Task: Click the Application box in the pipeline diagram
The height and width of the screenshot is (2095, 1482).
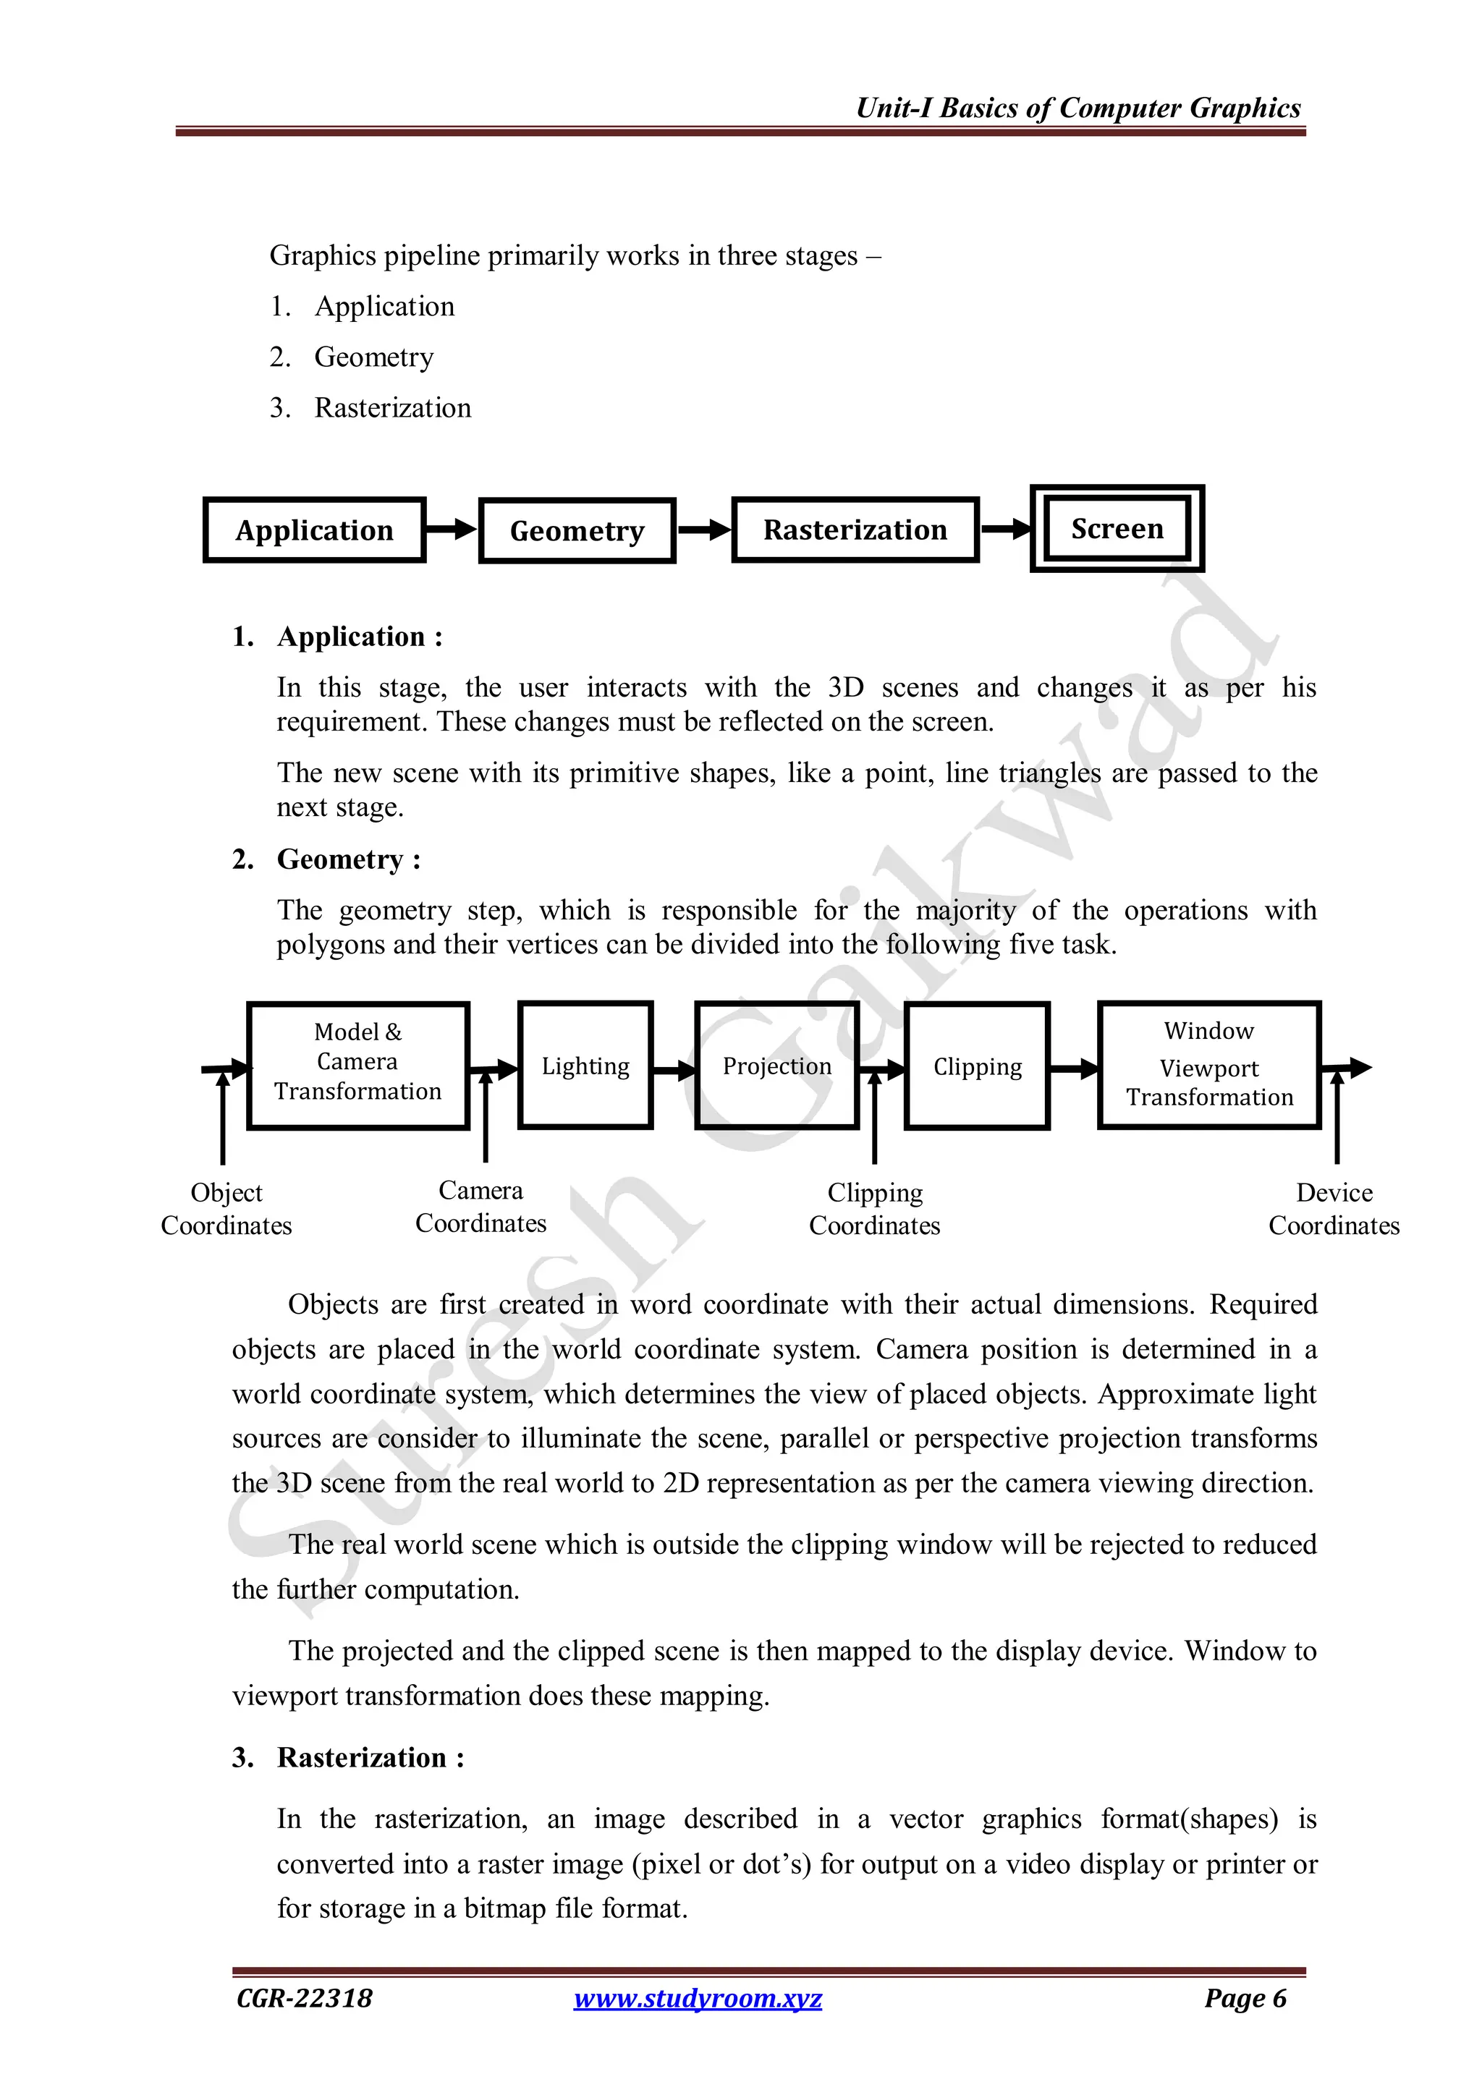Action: pyautogui.click(x=315, y=530)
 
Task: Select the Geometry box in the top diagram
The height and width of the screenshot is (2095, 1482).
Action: pyautogui.click(x=577, y=531)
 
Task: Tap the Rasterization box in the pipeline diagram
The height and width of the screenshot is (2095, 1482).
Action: pyautogui.click(x=855, y=530)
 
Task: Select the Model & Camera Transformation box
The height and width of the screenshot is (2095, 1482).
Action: pyautogui.click(x=357, y=1065)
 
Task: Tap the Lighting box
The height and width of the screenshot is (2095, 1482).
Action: pyautogui.click(x=585, y=1066)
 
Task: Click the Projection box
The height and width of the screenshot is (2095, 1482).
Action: pyautogui.click(x=776, y=1066)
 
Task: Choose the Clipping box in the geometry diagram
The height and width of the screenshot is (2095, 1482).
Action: pyautogui.click(x=978, y=1066)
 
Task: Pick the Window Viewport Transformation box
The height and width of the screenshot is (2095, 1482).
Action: pyautogui.click(x=1209, y=1065)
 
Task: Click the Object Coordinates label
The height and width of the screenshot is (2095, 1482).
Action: pyautogui.click(x=226, y=1209)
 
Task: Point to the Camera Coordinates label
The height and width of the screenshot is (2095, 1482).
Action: pyautogui.click(x=481, y=1206)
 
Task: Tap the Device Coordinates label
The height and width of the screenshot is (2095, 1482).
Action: pyautogui.click(x=1333, y=1209)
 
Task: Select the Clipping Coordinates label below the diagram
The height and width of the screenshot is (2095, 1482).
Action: pyautogui.click(x=874, y=1209)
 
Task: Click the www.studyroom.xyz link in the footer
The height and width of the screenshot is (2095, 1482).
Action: pyautogui.click(x=698, y=1998)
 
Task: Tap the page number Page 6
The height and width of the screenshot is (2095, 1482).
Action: pyautogui.click(x=1245, y=1998)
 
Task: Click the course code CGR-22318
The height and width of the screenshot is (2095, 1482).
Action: pyautogui.click(x=304, y=1998)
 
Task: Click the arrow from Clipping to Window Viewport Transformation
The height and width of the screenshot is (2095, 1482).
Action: pyautogui.click(x=1074, y=1068)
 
